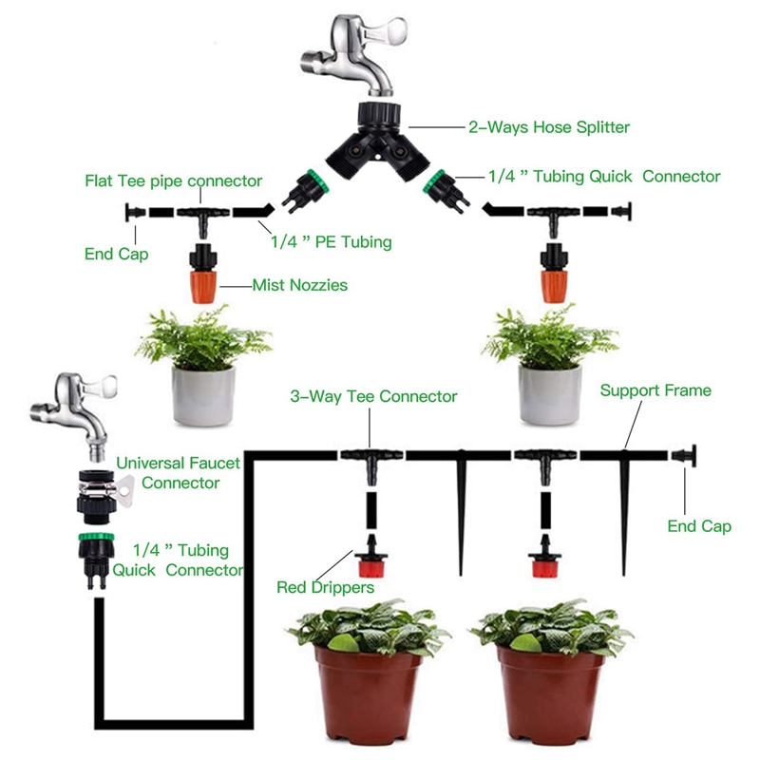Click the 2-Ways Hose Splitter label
click(x=548, y=126)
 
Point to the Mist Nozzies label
click(x=299, y=284)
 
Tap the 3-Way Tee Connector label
click(x=373, y=396)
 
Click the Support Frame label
click(x=655, y=389)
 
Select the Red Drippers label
click(x=325, y=587)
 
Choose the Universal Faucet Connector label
click(x=178, y=472)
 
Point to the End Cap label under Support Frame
click(x=699, y=526)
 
